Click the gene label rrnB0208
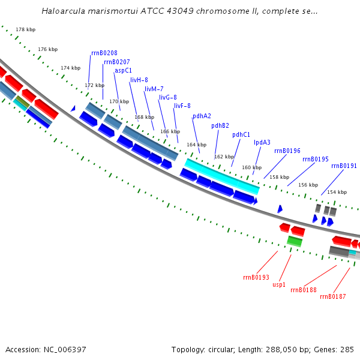pos(104,53)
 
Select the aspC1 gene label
pos(123,70)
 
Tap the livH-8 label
pos(139,80)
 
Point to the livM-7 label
pos(154,89)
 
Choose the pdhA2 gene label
pos(202,116)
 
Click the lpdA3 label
pos(262,143)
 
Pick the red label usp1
pos(279,285)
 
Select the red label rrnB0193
pos(256,278)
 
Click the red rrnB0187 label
pos(332,296)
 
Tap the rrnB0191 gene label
pos(344,166)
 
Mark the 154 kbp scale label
pos(337,192)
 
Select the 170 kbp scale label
pos(119,101)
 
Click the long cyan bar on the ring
pos(222,176)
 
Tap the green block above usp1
pos(295,241)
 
